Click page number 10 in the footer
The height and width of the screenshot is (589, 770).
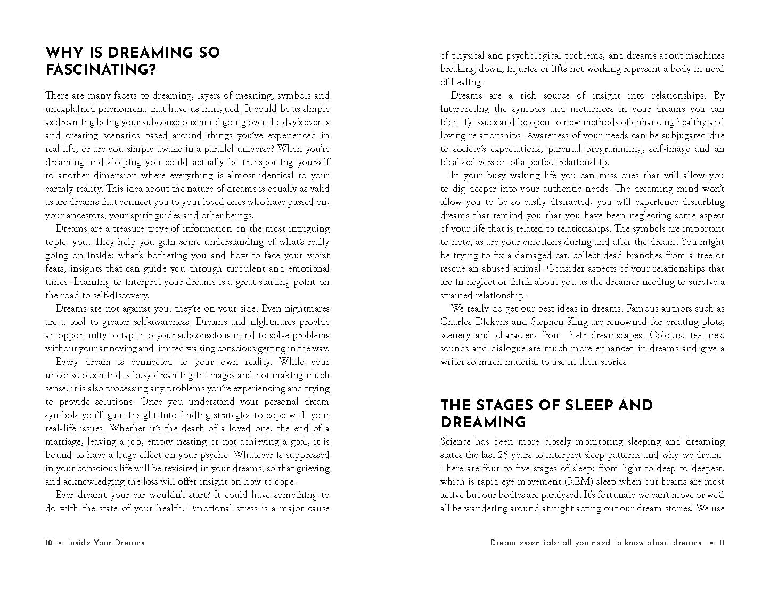(x=48, y=543)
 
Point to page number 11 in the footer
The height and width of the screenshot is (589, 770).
(x=722, y=543)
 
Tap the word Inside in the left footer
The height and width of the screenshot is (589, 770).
(x=79, y=543)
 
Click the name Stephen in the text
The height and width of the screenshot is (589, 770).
(x=552, y=322)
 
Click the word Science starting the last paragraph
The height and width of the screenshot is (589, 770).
(x=456, y=441)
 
